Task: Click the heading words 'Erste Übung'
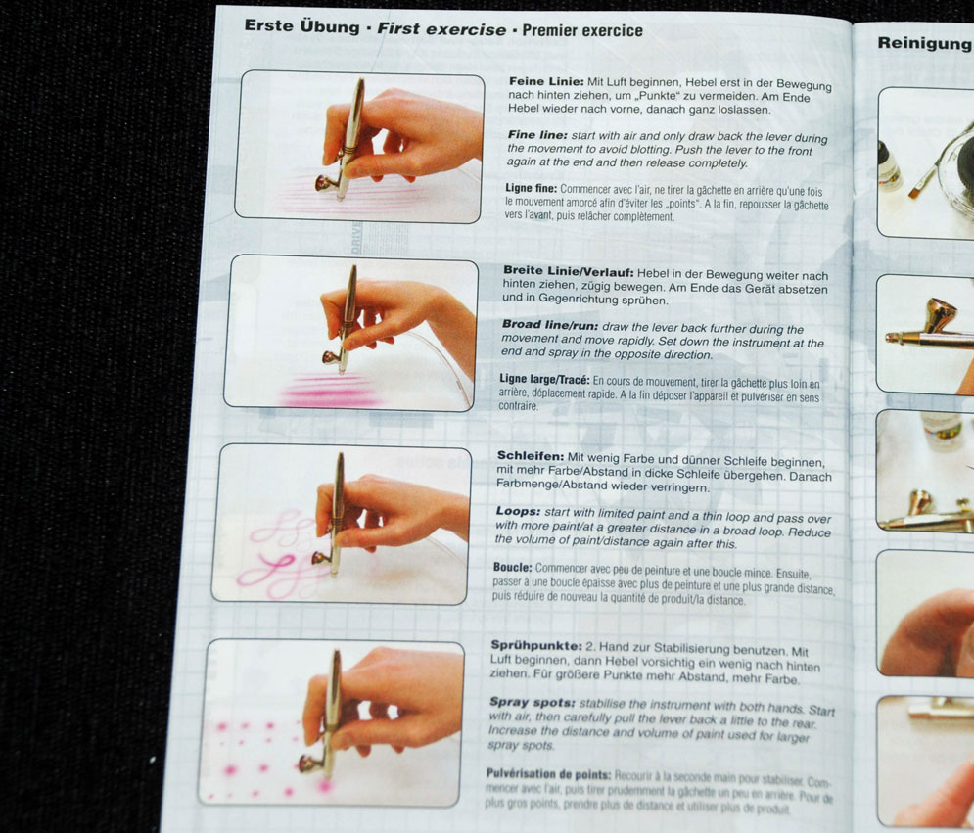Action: click(301, 26)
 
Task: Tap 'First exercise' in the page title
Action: click(441, 29)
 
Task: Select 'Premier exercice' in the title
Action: click(582, 30)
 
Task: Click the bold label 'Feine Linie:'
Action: click(546, 81)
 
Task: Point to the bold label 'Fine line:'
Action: click(537, 135)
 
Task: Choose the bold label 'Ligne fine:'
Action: click(532, 188)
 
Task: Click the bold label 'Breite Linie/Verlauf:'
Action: click(569, 271)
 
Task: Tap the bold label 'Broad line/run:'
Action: click(550, 325)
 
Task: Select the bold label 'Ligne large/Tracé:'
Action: click(544, 379)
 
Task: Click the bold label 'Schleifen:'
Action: click(531, 456)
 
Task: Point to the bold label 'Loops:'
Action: click(518, 511)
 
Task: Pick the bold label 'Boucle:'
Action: click(513, 567)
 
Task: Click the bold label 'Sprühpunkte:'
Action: click(536, 645)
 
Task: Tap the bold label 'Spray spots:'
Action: click(532, 702)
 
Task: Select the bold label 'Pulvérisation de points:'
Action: click(548, 774)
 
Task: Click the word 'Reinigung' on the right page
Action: click(925, 43)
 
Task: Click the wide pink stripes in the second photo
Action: click(329, 391)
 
